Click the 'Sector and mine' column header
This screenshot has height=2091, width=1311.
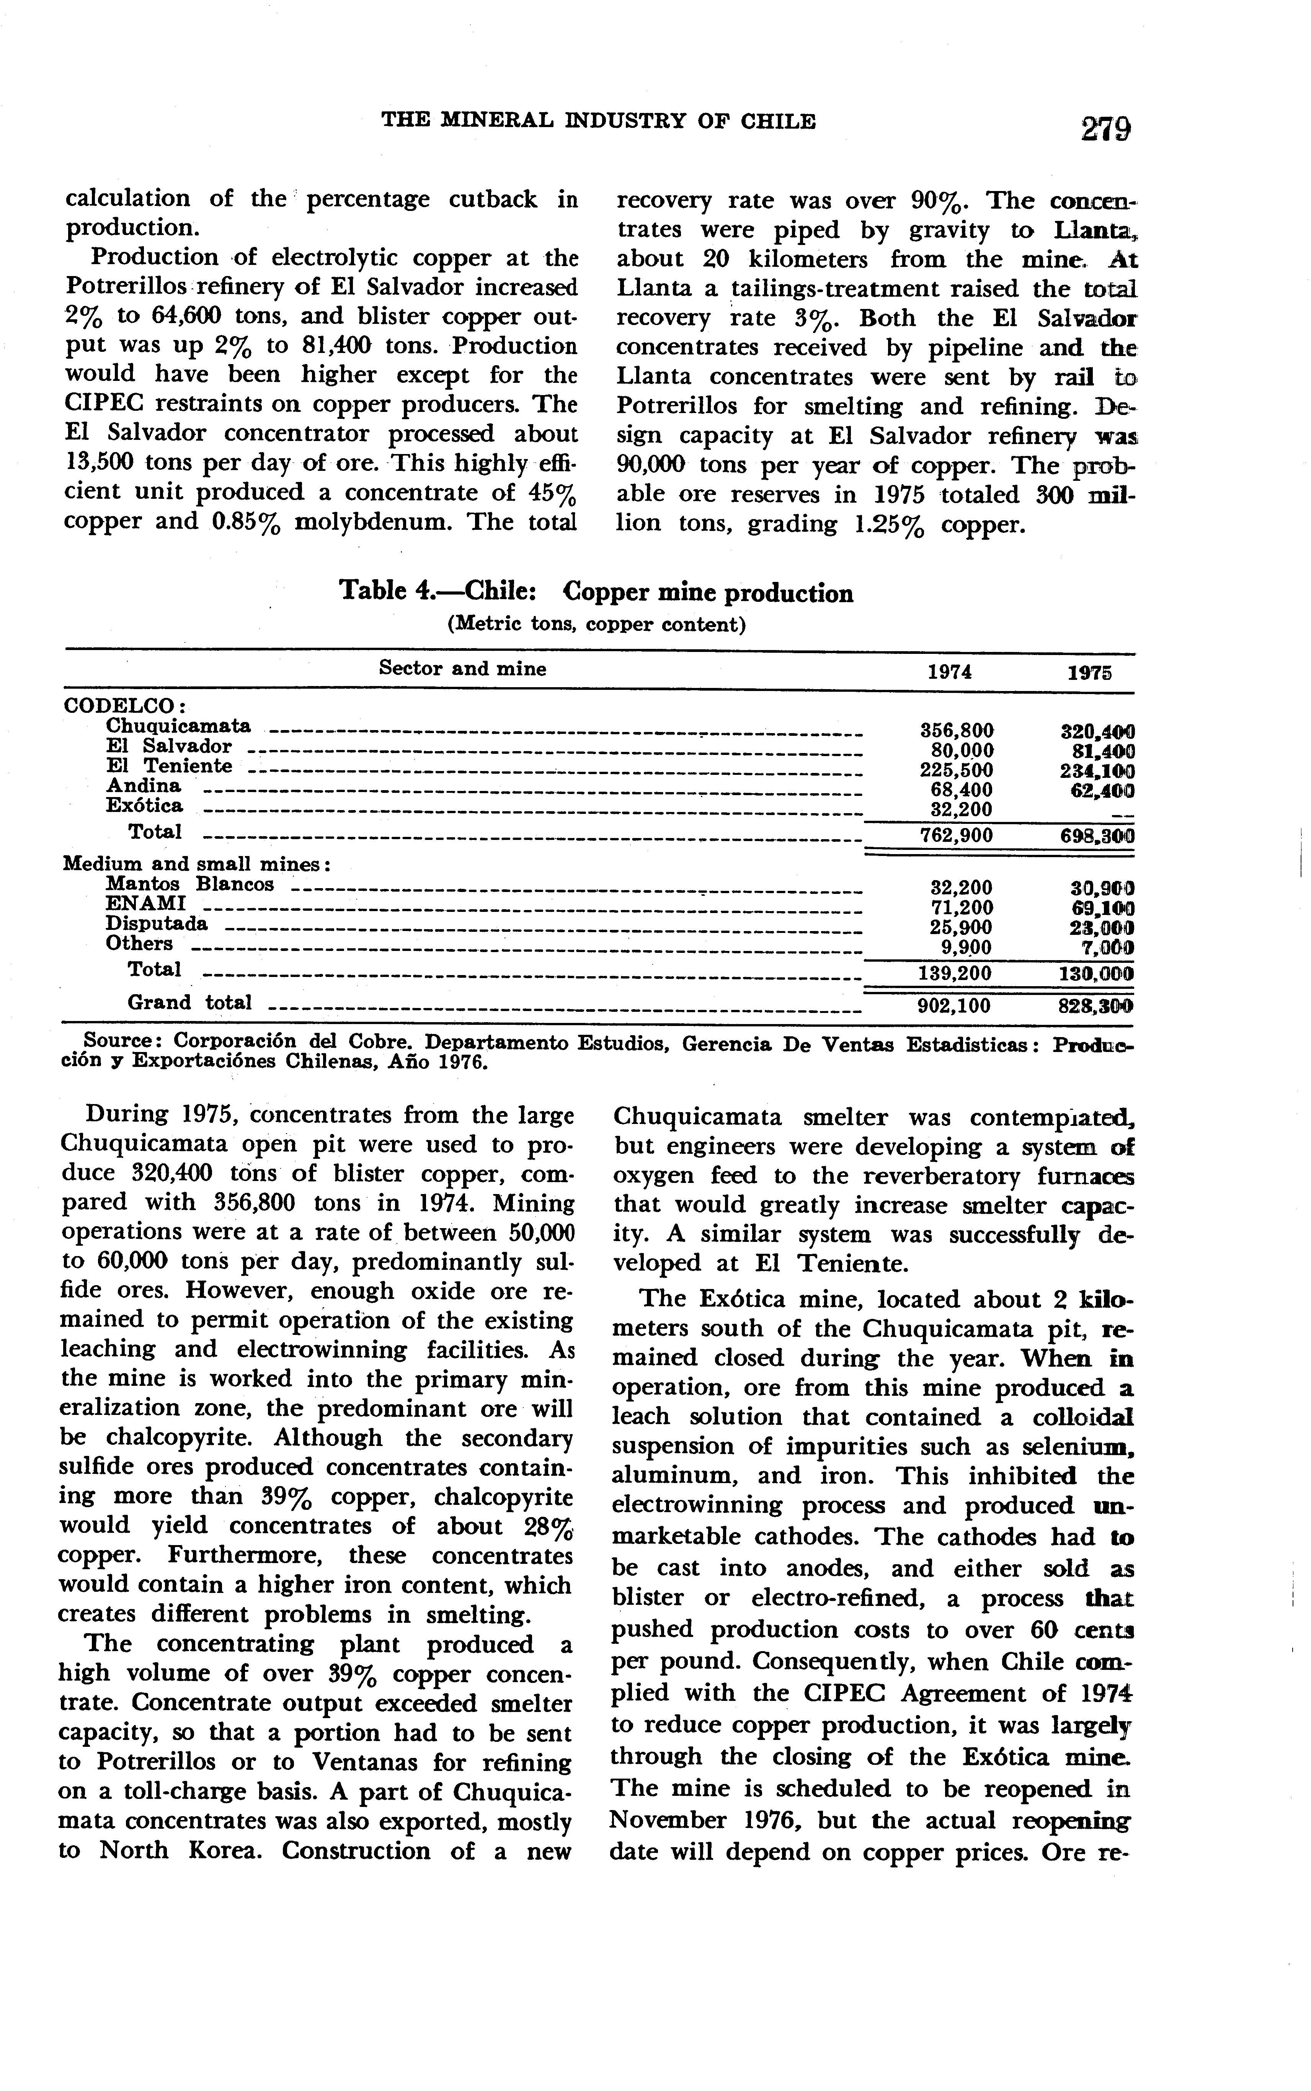(463, 668)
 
